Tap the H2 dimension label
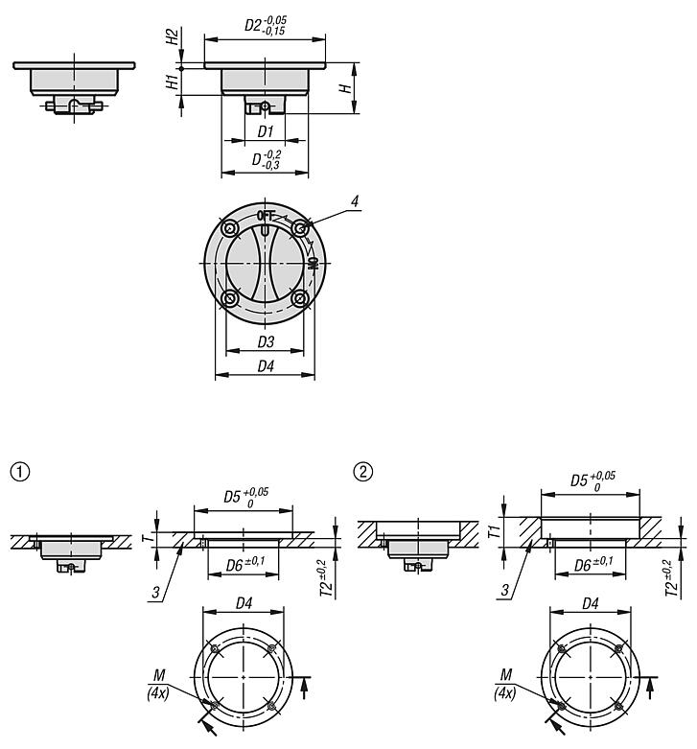173,36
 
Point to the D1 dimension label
265,131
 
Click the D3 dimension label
266,341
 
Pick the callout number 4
355,201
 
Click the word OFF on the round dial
266,216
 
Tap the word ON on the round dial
314,264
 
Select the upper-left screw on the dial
231,229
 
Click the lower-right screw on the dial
299,299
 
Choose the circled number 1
19,472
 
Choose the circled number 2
362,472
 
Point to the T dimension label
150,538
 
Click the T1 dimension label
495,531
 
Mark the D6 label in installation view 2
593,565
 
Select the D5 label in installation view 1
245,498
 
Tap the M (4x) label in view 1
158,684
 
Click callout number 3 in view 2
504,591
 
